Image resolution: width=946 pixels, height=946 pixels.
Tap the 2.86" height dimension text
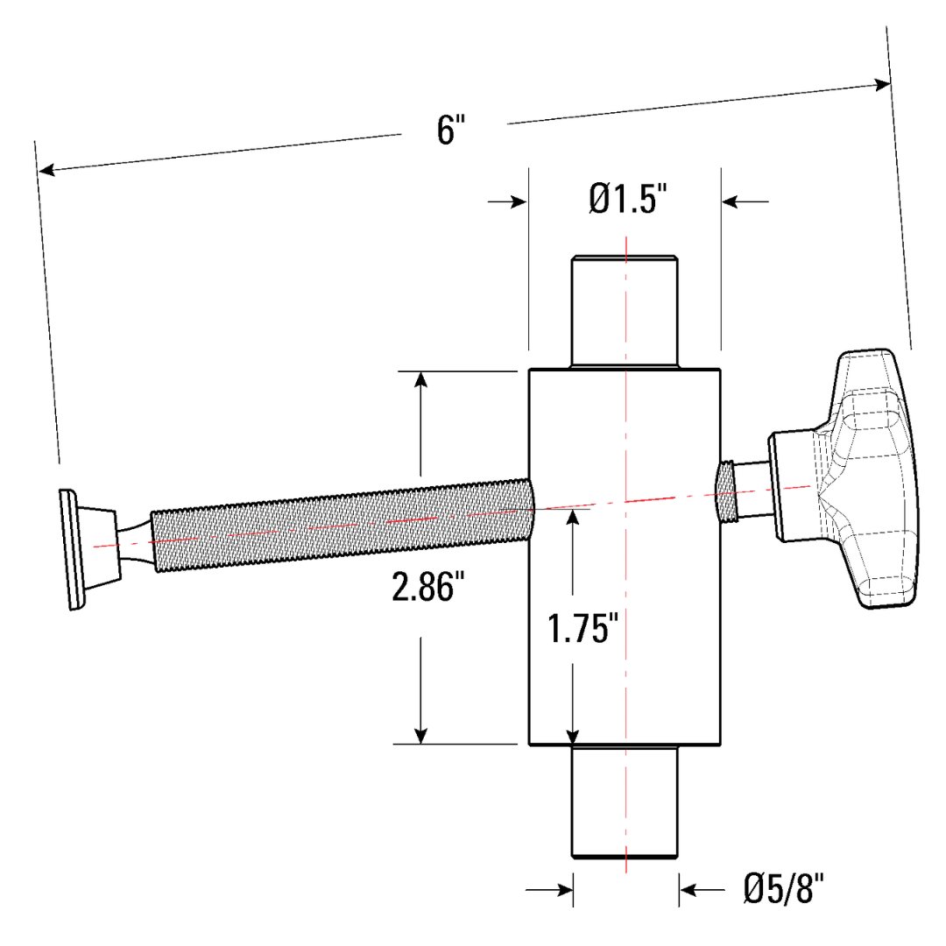(426, 589)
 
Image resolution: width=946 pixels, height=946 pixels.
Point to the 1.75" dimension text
(578, 628)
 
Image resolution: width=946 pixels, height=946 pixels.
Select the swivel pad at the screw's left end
(70, 548)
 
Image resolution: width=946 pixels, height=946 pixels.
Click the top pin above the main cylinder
(624, 311)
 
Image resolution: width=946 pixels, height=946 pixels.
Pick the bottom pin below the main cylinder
(624, 801)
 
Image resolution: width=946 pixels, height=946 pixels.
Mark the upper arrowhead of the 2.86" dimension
(421, 380)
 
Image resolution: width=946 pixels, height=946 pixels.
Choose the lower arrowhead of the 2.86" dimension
(421, 734)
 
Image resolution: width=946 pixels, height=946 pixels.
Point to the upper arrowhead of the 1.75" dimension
(572, 516)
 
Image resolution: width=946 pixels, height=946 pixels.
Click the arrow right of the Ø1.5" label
(731, 201)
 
